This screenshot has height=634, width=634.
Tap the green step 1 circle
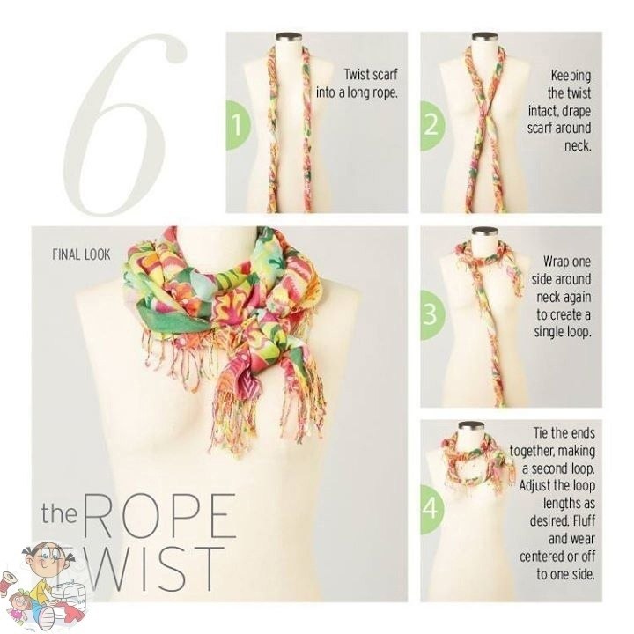[x=238, y=125]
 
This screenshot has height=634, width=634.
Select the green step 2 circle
[x=431, y=125]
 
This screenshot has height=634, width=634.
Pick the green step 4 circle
[x=431, y=510]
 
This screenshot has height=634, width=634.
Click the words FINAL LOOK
[x=81, y=254]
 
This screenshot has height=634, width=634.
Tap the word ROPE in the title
[x=158, y=515]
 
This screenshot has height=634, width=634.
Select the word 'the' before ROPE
[x=59, y=513]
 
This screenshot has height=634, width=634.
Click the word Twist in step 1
[x=357, y=74]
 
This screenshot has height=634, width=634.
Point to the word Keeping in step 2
[x=571, y=76]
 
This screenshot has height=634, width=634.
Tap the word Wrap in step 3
[x=556, y=262]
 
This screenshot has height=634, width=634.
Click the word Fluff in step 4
[x=584, y=520]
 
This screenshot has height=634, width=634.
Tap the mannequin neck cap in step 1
[x=290, y=37]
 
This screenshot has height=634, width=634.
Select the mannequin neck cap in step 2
[x=484, y=37]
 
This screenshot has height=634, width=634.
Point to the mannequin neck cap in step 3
[x=484, y=232]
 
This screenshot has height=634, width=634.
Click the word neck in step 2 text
[x=579, y=146]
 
